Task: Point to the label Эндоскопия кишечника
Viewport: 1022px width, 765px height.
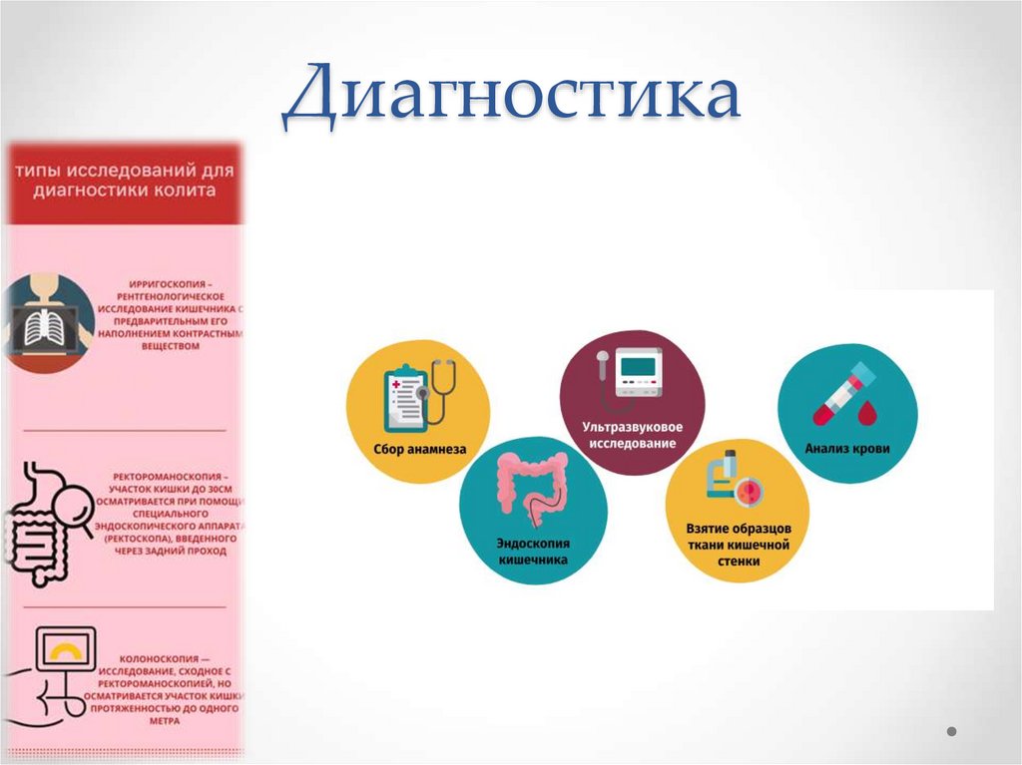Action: click(x=533, y=553)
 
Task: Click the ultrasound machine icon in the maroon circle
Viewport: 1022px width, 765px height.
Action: click(x=630, y=373)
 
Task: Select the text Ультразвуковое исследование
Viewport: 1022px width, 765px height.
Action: click(x=630, y=434)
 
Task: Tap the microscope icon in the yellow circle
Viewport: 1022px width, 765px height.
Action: click(x=731, y=477)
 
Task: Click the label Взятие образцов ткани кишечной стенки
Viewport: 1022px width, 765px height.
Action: click(x=738, y=544)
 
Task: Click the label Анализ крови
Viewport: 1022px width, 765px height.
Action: click(x=847, y=449)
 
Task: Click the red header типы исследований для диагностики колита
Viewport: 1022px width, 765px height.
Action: click(x=125, y=181)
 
